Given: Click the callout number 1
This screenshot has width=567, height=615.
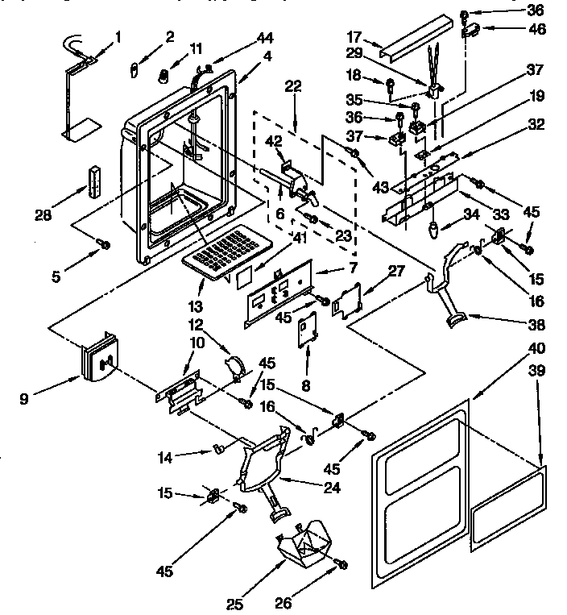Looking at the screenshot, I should pyautogui.click(x=118, y=36).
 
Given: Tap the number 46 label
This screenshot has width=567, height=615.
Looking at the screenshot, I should pyautogui.click(x=536, y=29).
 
